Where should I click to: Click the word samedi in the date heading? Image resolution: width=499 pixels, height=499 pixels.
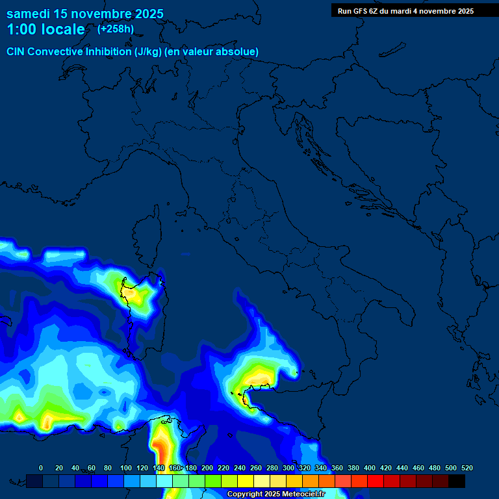(30, 14)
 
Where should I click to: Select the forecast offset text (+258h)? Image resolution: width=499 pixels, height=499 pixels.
(116, 29)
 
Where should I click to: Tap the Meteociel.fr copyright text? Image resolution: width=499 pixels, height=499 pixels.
(275, 494)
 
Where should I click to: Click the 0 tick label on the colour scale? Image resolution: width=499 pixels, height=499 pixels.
(41, 468)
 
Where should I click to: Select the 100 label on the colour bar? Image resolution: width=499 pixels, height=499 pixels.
(126, 468)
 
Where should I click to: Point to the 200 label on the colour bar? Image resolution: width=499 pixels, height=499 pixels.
(207, 468)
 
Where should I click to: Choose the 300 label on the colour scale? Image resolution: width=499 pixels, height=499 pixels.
(288, 468)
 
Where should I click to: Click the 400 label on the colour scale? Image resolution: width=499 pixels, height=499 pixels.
(370, 468)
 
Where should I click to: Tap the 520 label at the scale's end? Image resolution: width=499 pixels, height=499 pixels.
(467, 468)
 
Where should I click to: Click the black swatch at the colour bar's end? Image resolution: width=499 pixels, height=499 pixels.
(457, 481)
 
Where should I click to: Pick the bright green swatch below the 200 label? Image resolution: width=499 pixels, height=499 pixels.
(213, 481)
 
